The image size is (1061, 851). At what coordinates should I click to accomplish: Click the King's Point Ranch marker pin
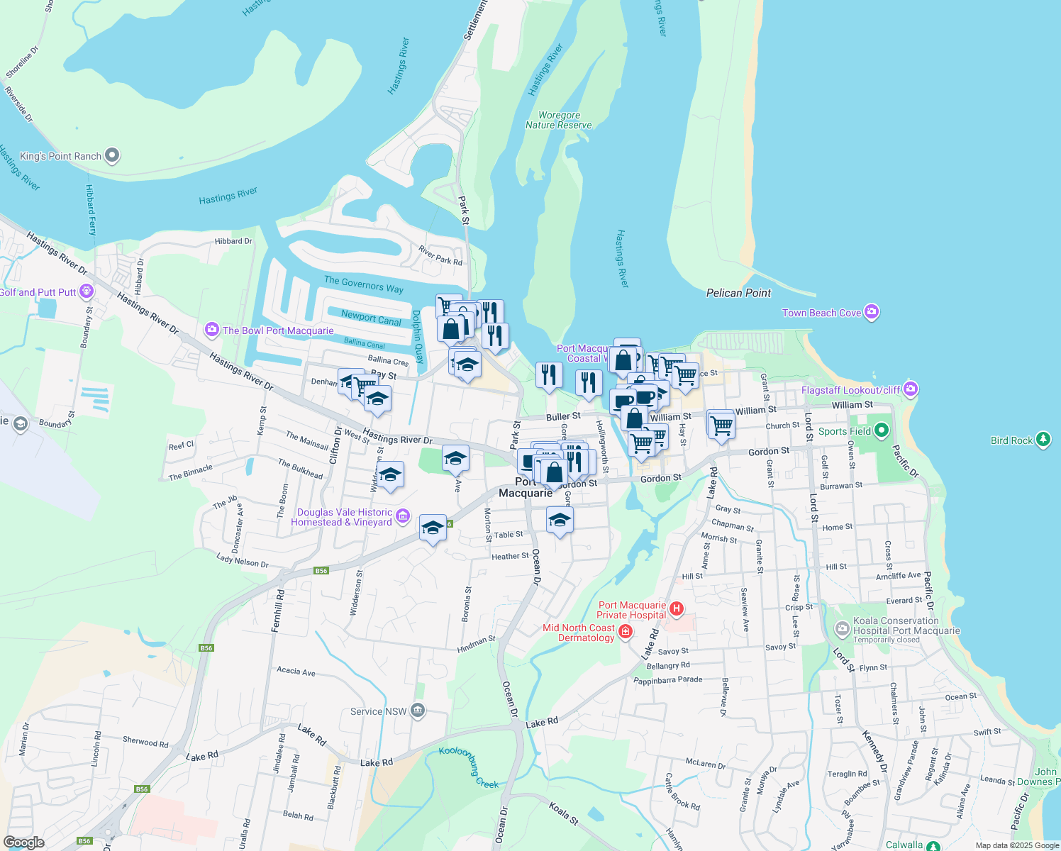point(112,155)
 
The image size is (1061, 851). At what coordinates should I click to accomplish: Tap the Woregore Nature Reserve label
point(559,120)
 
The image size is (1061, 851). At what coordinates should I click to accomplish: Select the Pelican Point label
point(738,293)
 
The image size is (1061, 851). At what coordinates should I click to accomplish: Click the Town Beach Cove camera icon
point(872,312)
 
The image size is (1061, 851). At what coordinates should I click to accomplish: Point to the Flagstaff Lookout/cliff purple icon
point(911,389)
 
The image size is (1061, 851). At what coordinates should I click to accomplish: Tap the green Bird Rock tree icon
point(1043,440)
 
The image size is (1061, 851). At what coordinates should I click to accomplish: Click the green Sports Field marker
point(882,430)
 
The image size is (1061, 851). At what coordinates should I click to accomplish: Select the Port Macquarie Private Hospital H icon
point(677,608)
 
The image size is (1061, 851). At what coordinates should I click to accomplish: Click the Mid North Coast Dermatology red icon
point(625,631)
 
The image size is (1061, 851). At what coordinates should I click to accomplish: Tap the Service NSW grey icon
point(418,711)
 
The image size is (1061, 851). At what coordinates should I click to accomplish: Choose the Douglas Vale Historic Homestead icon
point(403,516)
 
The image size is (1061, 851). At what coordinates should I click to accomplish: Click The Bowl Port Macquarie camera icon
point(211,330)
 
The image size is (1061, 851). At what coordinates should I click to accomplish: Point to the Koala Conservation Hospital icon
point(842,628)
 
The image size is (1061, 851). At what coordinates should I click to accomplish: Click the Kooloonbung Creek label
point(469,767)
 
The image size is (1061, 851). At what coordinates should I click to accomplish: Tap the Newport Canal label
point(371,318)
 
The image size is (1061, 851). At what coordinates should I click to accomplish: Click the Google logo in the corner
point(24,842)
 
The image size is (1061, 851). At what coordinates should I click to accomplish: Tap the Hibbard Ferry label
point(90,210)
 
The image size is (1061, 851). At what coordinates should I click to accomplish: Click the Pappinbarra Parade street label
point(667,680)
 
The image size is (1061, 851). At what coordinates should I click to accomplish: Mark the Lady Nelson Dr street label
point(243,561)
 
